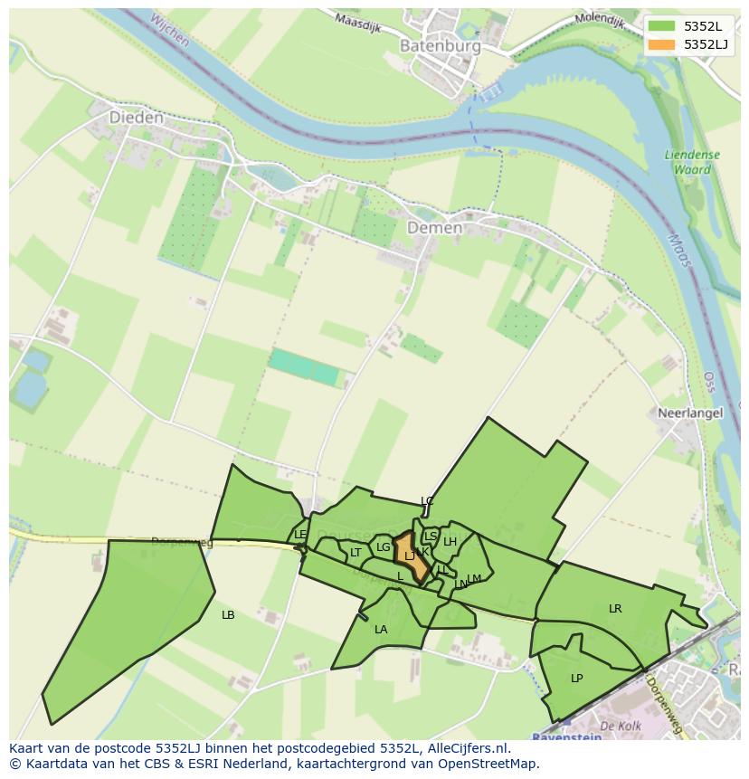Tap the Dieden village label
(x=137, y=118)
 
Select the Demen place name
(x=434, y=228)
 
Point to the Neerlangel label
(x=690, y=413)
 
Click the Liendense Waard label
(x=692, y=161)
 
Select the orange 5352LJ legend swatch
(x=662, y=43)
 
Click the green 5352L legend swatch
(x=662, y=26)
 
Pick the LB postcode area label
(x=228, y=615)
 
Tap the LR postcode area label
(x=615, y=609)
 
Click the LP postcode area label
(x=577, y=678)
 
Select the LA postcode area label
(x=381, y=630)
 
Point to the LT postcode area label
(x=356, y=553)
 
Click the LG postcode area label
(x=384, y=547)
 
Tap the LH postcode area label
(x=450, y=542)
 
